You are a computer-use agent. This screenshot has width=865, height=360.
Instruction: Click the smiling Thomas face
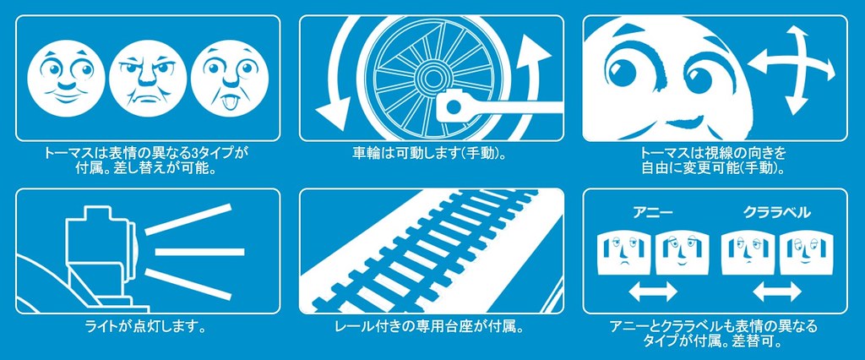point(63,76)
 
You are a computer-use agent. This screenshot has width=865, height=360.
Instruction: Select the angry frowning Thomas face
point(147,76)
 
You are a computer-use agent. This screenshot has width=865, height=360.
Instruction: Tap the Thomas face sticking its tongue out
point(231,76)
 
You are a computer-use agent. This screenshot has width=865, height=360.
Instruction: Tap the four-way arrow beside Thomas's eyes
point(791,69)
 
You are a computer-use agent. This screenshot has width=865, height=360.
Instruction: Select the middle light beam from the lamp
point(199,252)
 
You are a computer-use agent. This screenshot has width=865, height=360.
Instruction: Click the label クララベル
point(777,213)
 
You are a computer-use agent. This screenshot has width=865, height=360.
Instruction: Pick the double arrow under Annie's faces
point(653,291)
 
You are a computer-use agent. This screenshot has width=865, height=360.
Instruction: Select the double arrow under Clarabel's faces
point(777,291)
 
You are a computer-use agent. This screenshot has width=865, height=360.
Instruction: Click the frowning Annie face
point(625,253)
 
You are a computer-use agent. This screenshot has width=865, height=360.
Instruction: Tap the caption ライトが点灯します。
point(147,327)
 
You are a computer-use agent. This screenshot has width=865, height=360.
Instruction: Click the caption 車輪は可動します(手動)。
point(430,152)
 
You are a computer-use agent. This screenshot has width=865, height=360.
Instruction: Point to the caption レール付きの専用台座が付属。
point(429,327)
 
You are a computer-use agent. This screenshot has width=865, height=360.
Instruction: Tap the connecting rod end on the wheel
point(452,104)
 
